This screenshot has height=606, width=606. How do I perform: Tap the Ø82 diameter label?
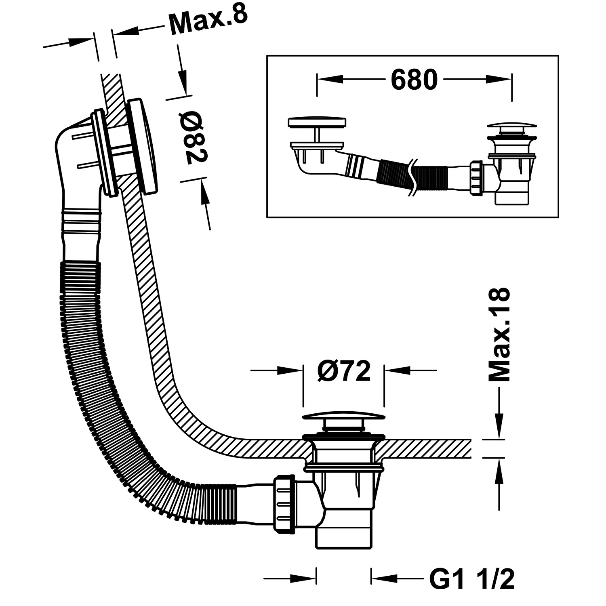(193, 137)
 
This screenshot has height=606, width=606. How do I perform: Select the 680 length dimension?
(414, 80)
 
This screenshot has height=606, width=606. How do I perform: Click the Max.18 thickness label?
(499, 335)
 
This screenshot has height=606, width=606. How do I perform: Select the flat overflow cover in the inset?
(317, 122)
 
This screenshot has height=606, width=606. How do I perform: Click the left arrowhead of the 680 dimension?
(330, 80)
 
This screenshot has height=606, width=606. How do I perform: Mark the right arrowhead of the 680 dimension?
(499, 80)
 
